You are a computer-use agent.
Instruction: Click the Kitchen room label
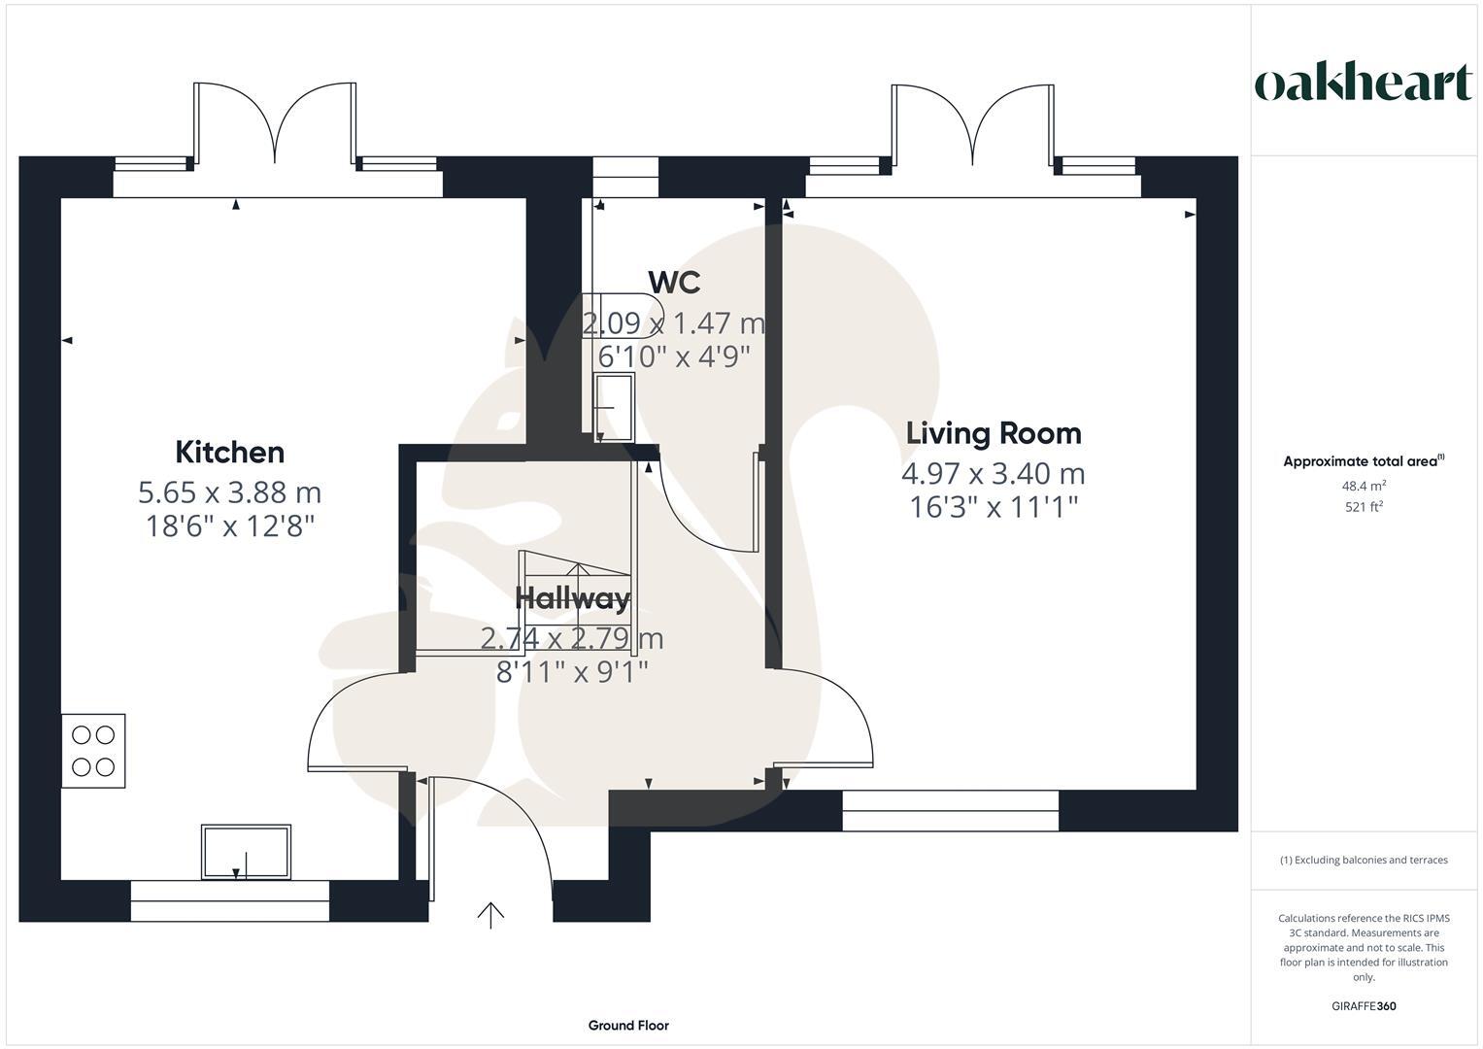(x=229, y=453)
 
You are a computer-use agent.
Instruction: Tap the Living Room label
(x=993, y=433)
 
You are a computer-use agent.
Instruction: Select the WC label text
(x=674, y=283)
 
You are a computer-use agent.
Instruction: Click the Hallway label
(x=572, y=598)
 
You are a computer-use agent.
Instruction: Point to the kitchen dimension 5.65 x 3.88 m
(x=229, y=492)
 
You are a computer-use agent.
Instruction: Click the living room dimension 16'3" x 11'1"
(x=993, y=507)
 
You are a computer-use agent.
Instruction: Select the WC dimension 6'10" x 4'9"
(x=674, y=356)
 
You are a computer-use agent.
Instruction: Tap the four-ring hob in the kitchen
(x=93, y=751)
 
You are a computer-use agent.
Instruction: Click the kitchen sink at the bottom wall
(x=246, y=852)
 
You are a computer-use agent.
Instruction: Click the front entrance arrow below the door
(x=490, y=915)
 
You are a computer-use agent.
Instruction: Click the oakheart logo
(x=1363, y=84)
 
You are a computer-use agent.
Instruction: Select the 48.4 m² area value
(x=1364, y=486)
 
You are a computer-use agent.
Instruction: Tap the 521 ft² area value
(x=1364, y=506)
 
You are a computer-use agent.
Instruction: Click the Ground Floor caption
(x=628, y=1025)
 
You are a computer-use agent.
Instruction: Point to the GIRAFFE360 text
(x=1364, y=1005)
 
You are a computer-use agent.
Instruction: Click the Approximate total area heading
(x=1363, y=461)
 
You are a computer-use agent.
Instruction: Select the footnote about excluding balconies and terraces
(x=1364, y=860)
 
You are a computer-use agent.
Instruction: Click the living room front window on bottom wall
(x=950, y=811)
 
